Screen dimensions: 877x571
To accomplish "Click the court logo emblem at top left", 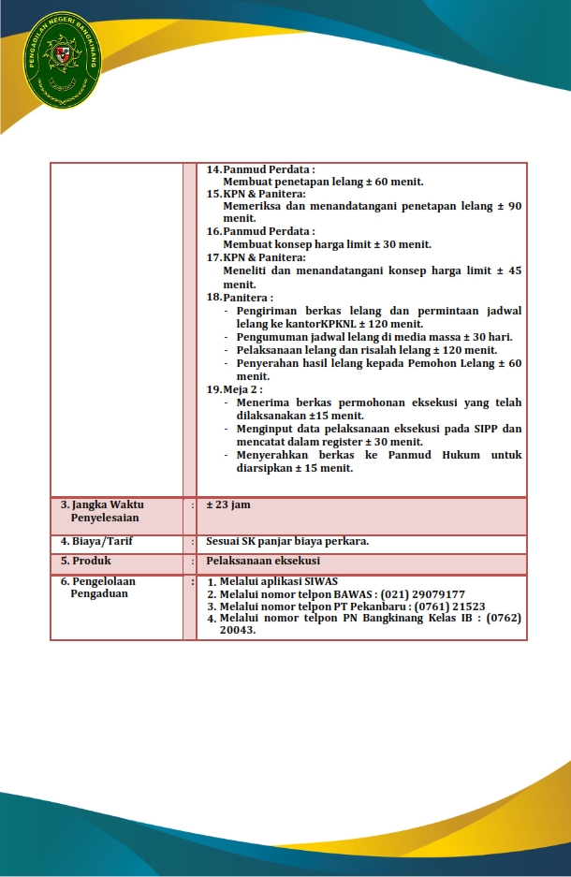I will [x=65, y=60].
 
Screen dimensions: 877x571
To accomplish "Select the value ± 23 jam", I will [x=228, y=504].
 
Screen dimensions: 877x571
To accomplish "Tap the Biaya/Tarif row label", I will [x=102, y=541].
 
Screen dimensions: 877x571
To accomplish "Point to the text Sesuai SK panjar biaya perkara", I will [x=287, y=541].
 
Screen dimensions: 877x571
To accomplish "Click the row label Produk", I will [x=92, y=561].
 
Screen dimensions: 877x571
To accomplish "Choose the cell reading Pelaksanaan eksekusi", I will [x=263, y=561].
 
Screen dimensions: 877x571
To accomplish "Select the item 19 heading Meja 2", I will [x=243, y=388].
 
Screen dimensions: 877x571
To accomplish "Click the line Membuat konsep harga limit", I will [x=327, y=244].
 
